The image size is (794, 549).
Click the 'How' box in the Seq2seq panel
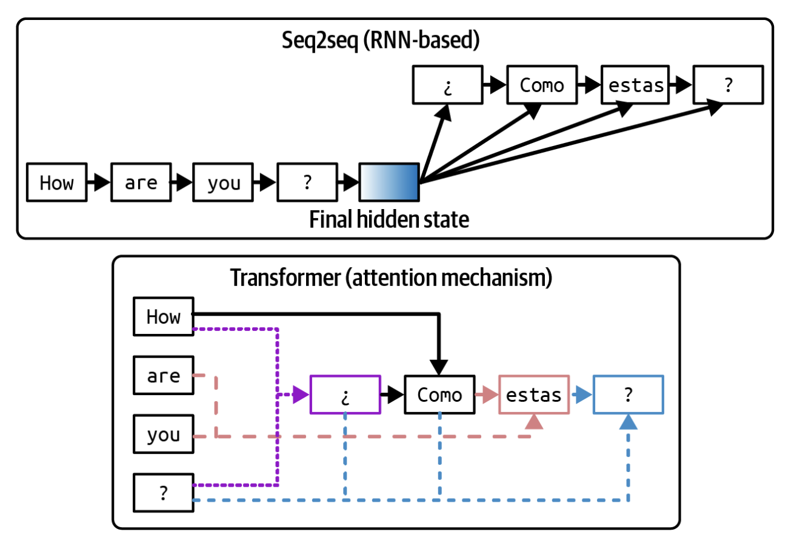(57, 182)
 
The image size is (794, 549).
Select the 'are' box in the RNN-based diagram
(141, 182)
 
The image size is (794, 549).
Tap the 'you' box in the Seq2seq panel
(224, 182)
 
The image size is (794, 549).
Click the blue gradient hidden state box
(389, 182)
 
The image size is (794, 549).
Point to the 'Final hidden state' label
(389, 219)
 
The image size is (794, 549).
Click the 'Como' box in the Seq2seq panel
(542, 85)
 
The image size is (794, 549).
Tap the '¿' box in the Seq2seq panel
(447, 85)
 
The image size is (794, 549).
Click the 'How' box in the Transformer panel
(164, 316)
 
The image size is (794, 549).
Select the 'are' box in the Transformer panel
(164, 376)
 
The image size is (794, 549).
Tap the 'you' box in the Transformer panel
(164, 435)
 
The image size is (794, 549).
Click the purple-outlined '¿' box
(345, 395)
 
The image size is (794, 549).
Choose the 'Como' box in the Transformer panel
(439, 395)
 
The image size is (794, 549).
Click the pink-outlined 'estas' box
(534, 395)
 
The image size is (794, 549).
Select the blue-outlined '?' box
(629, 395)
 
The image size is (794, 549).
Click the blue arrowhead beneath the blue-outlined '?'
(629, 422)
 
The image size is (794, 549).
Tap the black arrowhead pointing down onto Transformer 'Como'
(439, 367)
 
